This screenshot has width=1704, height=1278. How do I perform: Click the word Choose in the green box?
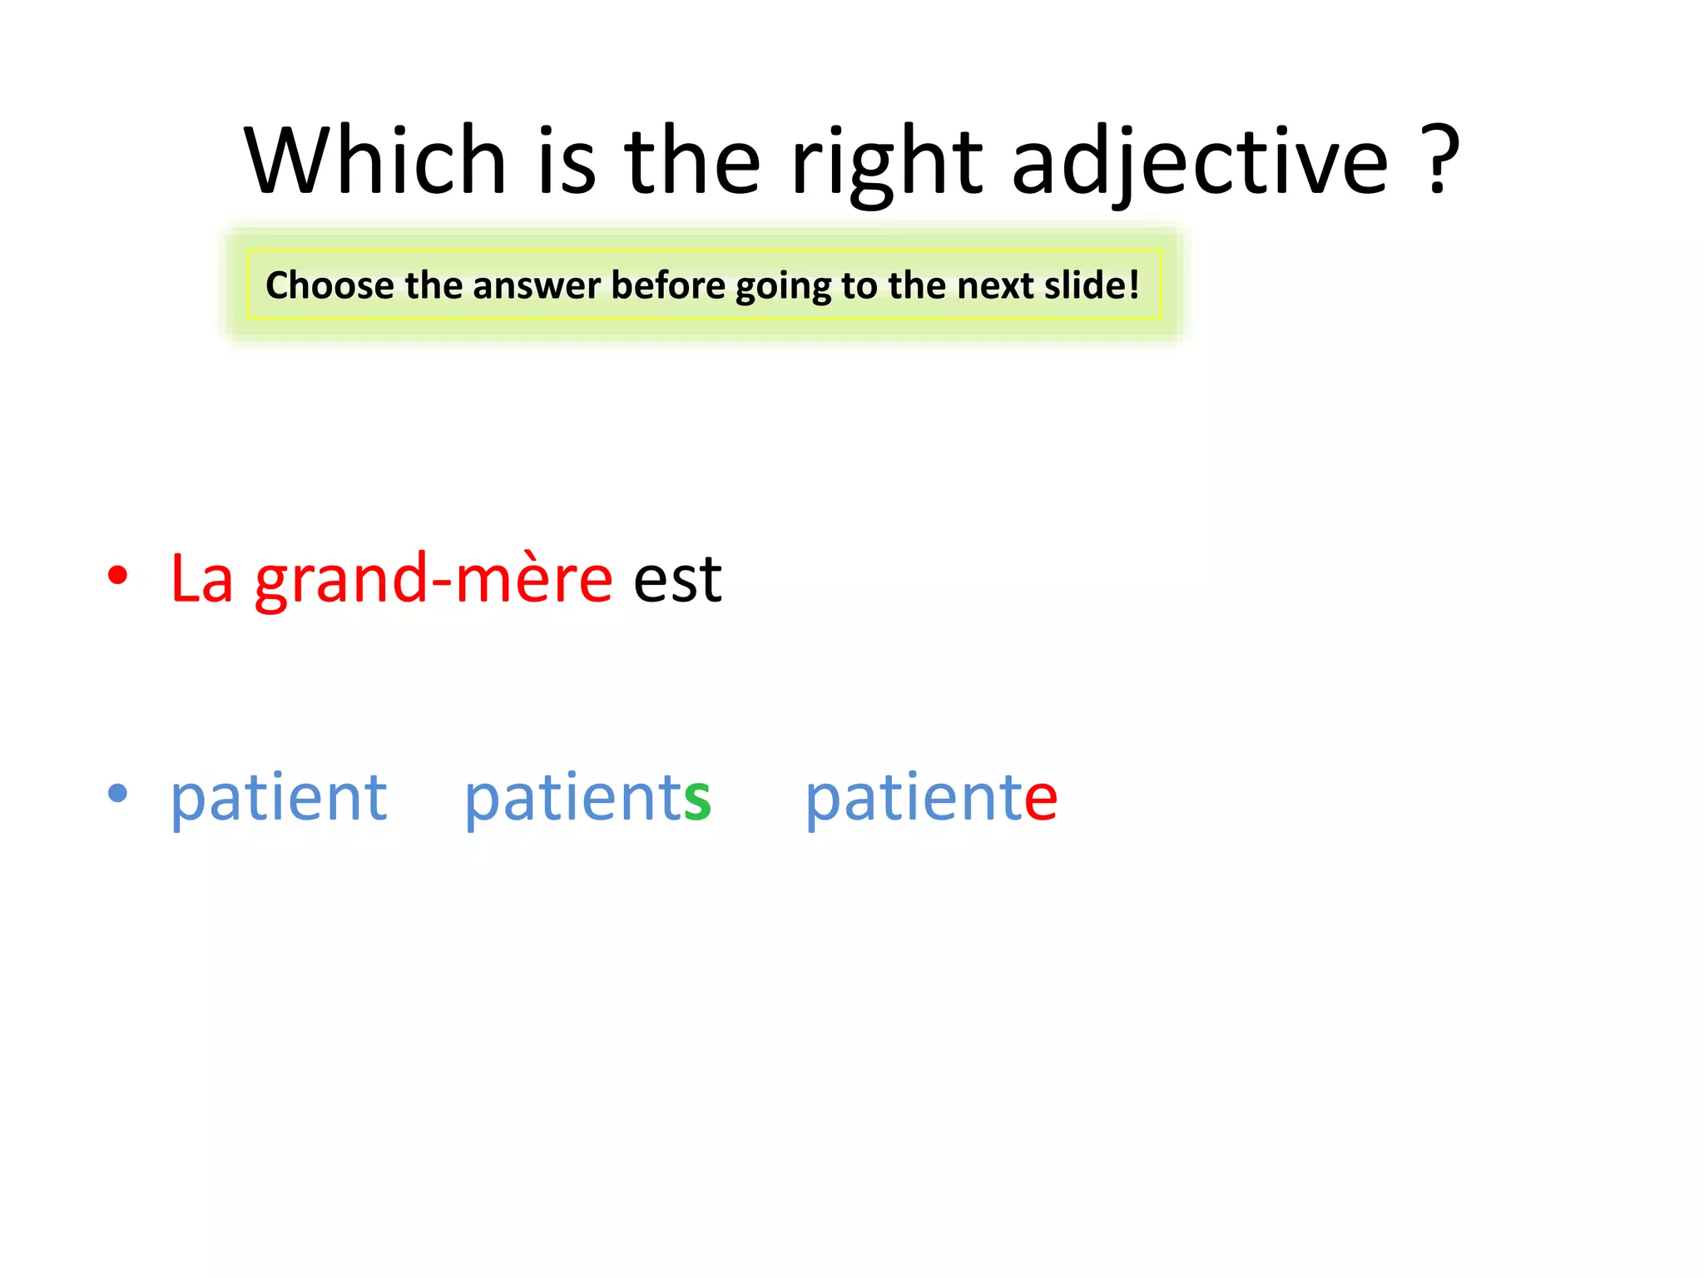(x=329, y=285)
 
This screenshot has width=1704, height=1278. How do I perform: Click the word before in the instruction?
(x=668, y=285)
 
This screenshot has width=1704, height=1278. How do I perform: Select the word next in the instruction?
(x=995, y=285)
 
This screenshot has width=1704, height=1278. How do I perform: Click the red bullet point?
(x=118, y=576)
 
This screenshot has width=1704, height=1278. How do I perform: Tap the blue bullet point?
(x=118, y=794)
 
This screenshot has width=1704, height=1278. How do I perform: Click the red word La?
(x=201, y=579)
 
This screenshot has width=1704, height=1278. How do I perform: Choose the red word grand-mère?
(x=433, y=579)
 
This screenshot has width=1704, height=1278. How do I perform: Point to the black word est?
(x=677, y=579)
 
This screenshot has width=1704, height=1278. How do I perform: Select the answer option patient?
(x=279, y=797)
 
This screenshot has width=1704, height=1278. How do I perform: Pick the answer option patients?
(x=587, y=797)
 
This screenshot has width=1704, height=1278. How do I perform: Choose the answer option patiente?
(x=931, y=797)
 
